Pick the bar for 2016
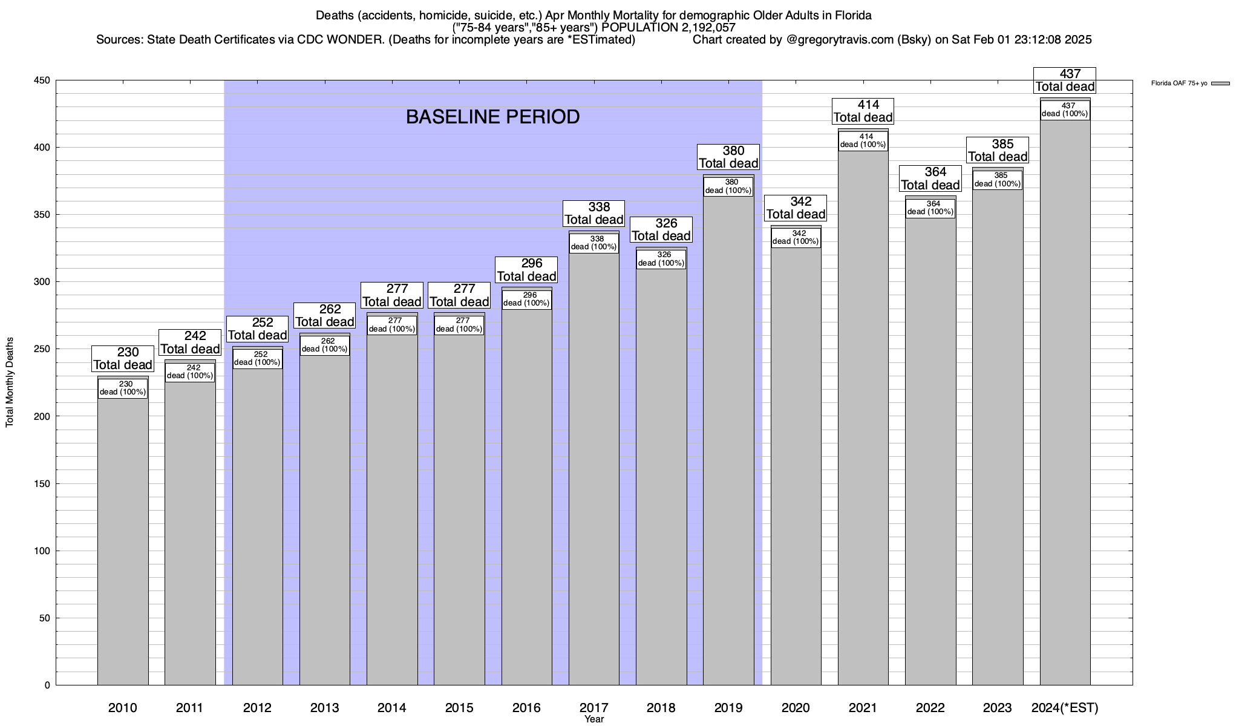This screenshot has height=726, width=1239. (x=526, y=496)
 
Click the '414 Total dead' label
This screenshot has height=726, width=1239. (x=863, y=111)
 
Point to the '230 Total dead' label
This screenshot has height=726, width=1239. (x=123, y=358)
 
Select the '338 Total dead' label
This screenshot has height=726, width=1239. (x=594, y=214)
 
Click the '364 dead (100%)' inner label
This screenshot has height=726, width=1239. (x=930, y=208)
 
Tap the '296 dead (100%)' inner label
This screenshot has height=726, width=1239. (x=526, y=299)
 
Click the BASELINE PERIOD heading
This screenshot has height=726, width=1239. (x=492, y=117)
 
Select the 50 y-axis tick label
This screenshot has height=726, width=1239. (x=45, y=618)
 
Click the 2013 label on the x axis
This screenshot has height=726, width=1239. (x=324, y=707)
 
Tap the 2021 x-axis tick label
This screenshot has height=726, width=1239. (x=863, y=707)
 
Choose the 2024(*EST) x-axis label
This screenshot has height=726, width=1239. (x=1065, y=707)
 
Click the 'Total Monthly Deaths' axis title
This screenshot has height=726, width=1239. (x=10, y=382)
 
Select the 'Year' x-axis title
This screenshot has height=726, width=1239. (x=594, y=719)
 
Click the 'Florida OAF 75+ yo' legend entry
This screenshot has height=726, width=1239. (x=1179, y=83)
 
